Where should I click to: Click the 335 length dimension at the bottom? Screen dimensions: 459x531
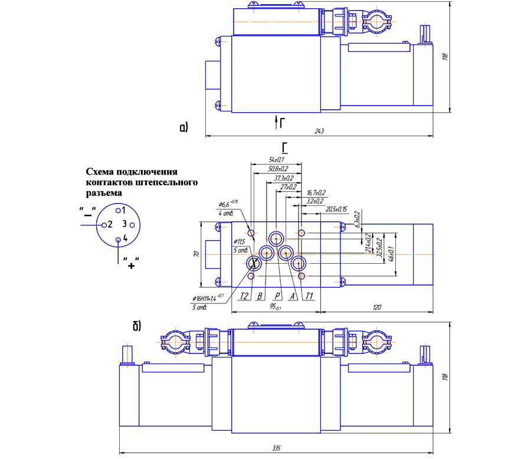tap(276, 448)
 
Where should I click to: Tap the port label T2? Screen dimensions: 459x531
tap(244, 296)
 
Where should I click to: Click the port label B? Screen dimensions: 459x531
tap(260, 296)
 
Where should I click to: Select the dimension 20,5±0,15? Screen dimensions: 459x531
tap(336, 209)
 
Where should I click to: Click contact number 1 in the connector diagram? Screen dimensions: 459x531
tap(124, 210)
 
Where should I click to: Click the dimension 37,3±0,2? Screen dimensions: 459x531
tap(284, 178)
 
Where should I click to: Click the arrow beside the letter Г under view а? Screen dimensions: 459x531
tap(276, 122)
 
